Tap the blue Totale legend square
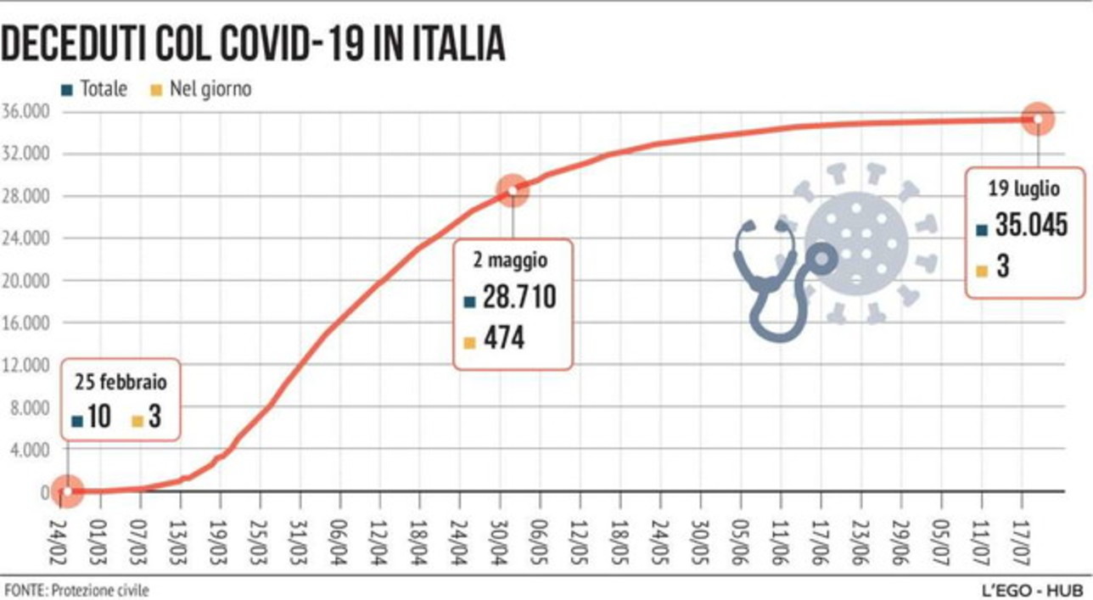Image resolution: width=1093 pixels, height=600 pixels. pyautogui.click(x=68, y=89)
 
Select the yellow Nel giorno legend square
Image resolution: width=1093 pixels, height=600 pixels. pyautogui.click(x=156, y=89)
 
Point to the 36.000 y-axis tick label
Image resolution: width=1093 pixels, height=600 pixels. pyautogui.click(x=27, y=112)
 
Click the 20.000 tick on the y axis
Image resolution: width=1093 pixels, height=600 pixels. pyautogui.click(x=27, y=281)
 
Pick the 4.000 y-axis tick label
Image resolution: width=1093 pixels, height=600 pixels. pyautogui.click(x=31, y=450)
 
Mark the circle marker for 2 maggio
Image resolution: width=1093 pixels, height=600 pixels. pyautogui.click(x=512, y=190)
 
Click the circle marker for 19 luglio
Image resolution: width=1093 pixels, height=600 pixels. pyautogui.click(x=1037, y=119)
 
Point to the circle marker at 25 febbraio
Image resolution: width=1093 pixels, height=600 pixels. pyautogui.click(x=67, y=491)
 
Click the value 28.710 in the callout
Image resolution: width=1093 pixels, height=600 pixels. pyautogui.click(x=519, y=298)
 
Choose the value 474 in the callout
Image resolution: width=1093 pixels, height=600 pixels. pyautogui.click(x=504, y=339)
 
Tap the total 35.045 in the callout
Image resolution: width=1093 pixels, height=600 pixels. pyautogui.click(x=1030, y=226)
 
